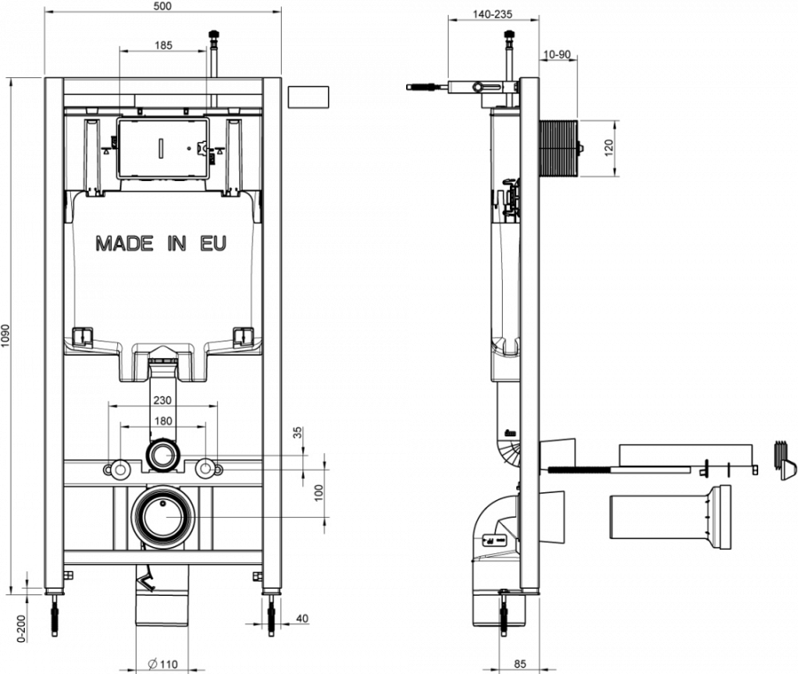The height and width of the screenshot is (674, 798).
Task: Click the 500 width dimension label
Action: click(160, 6)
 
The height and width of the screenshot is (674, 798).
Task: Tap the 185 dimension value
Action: click(163, 44)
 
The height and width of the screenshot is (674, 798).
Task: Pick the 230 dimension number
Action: click(162, 401)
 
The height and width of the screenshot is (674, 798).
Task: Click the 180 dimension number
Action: click(162, 421)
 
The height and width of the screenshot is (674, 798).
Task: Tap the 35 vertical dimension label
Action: click(298, 434)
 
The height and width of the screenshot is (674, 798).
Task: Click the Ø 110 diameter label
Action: click(162, 663)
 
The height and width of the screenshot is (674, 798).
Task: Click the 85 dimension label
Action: click(520, 663)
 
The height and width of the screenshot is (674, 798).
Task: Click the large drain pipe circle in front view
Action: click(162, 514)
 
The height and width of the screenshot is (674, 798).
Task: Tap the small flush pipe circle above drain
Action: click(162, 456)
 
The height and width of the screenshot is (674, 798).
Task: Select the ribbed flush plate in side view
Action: click(558, 148)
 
